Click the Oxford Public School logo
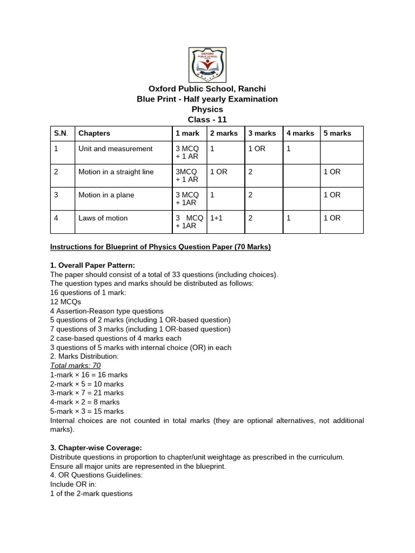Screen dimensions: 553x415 (x=207, y=64)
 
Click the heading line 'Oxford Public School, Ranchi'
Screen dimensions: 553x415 (x=207, y=89)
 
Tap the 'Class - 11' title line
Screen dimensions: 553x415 (x=207, y=119)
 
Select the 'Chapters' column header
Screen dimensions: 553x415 (x=94, y=133)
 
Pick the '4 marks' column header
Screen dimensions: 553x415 (x=299, y=133)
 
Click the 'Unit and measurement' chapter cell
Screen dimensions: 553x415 (x=116, y=149)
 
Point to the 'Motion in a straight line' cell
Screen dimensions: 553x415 (x=116, y=172)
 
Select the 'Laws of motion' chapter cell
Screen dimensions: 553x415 (x=103, y=218)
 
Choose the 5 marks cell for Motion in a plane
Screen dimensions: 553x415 (x=332, y=195)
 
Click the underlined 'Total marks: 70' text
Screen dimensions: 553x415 (x=75, y=366)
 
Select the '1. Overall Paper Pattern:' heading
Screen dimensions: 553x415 (x=92, y=266)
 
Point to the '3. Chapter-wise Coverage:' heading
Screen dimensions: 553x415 (x=96, y=448)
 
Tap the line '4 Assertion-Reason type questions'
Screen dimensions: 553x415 (x=106, y=311)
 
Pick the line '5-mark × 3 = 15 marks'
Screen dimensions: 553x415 (x=86, y=411)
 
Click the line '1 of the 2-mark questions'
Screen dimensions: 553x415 (x=91, y=494)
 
